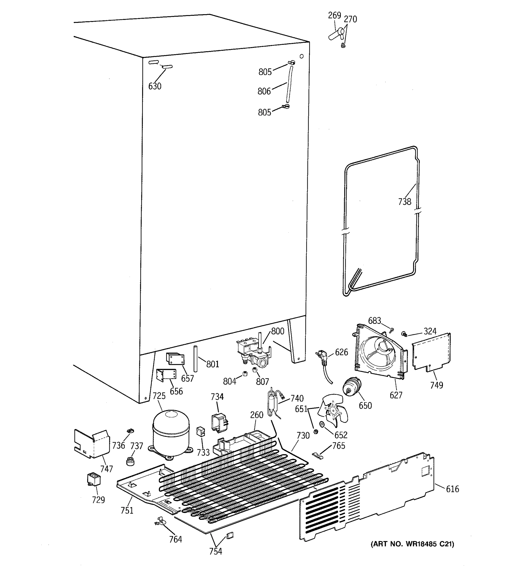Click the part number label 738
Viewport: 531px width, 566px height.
405,202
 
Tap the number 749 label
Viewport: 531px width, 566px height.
436,385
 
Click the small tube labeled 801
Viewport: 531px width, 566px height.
195,358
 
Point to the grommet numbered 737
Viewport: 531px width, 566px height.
130,461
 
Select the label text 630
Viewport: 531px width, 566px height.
155,86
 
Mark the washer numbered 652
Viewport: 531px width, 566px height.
322,424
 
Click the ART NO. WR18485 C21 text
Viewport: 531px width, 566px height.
412,544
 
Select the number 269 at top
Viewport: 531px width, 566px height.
334,15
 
